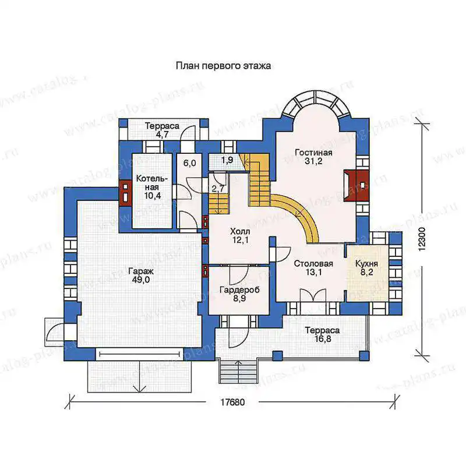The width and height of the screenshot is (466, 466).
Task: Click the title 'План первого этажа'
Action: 223,66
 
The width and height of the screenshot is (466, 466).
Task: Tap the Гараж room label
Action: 141,271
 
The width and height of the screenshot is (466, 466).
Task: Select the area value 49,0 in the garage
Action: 141,280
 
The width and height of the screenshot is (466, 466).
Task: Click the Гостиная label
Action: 313,153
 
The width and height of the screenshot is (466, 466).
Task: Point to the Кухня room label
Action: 367,264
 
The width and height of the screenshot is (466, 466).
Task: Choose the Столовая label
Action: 313,264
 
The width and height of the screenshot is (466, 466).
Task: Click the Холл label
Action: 240,231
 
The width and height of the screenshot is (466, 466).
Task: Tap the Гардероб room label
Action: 239,290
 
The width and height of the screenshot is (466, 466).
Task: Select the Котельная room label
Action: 152,183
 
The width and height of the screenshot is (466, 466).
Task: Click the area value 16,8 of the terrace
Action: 323,339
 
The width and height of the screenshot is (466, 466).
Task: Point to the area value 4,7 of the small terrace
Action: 163,135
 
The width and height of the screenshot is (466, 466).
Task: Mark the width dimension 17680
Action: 232,402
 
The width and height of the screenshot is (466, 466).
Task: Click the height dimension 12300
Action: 422,239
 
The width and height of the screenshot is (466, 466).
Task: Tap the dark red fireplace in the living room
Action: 356,185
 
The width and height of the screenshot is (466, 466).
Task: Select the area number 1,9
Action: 227,160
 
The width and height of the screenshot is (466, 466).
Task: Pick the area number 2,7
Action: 218,188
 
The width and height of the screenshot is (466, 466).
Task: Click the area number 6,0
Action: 190,163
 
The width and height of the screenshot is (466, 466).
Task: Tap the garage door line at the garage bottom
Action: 140,354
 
